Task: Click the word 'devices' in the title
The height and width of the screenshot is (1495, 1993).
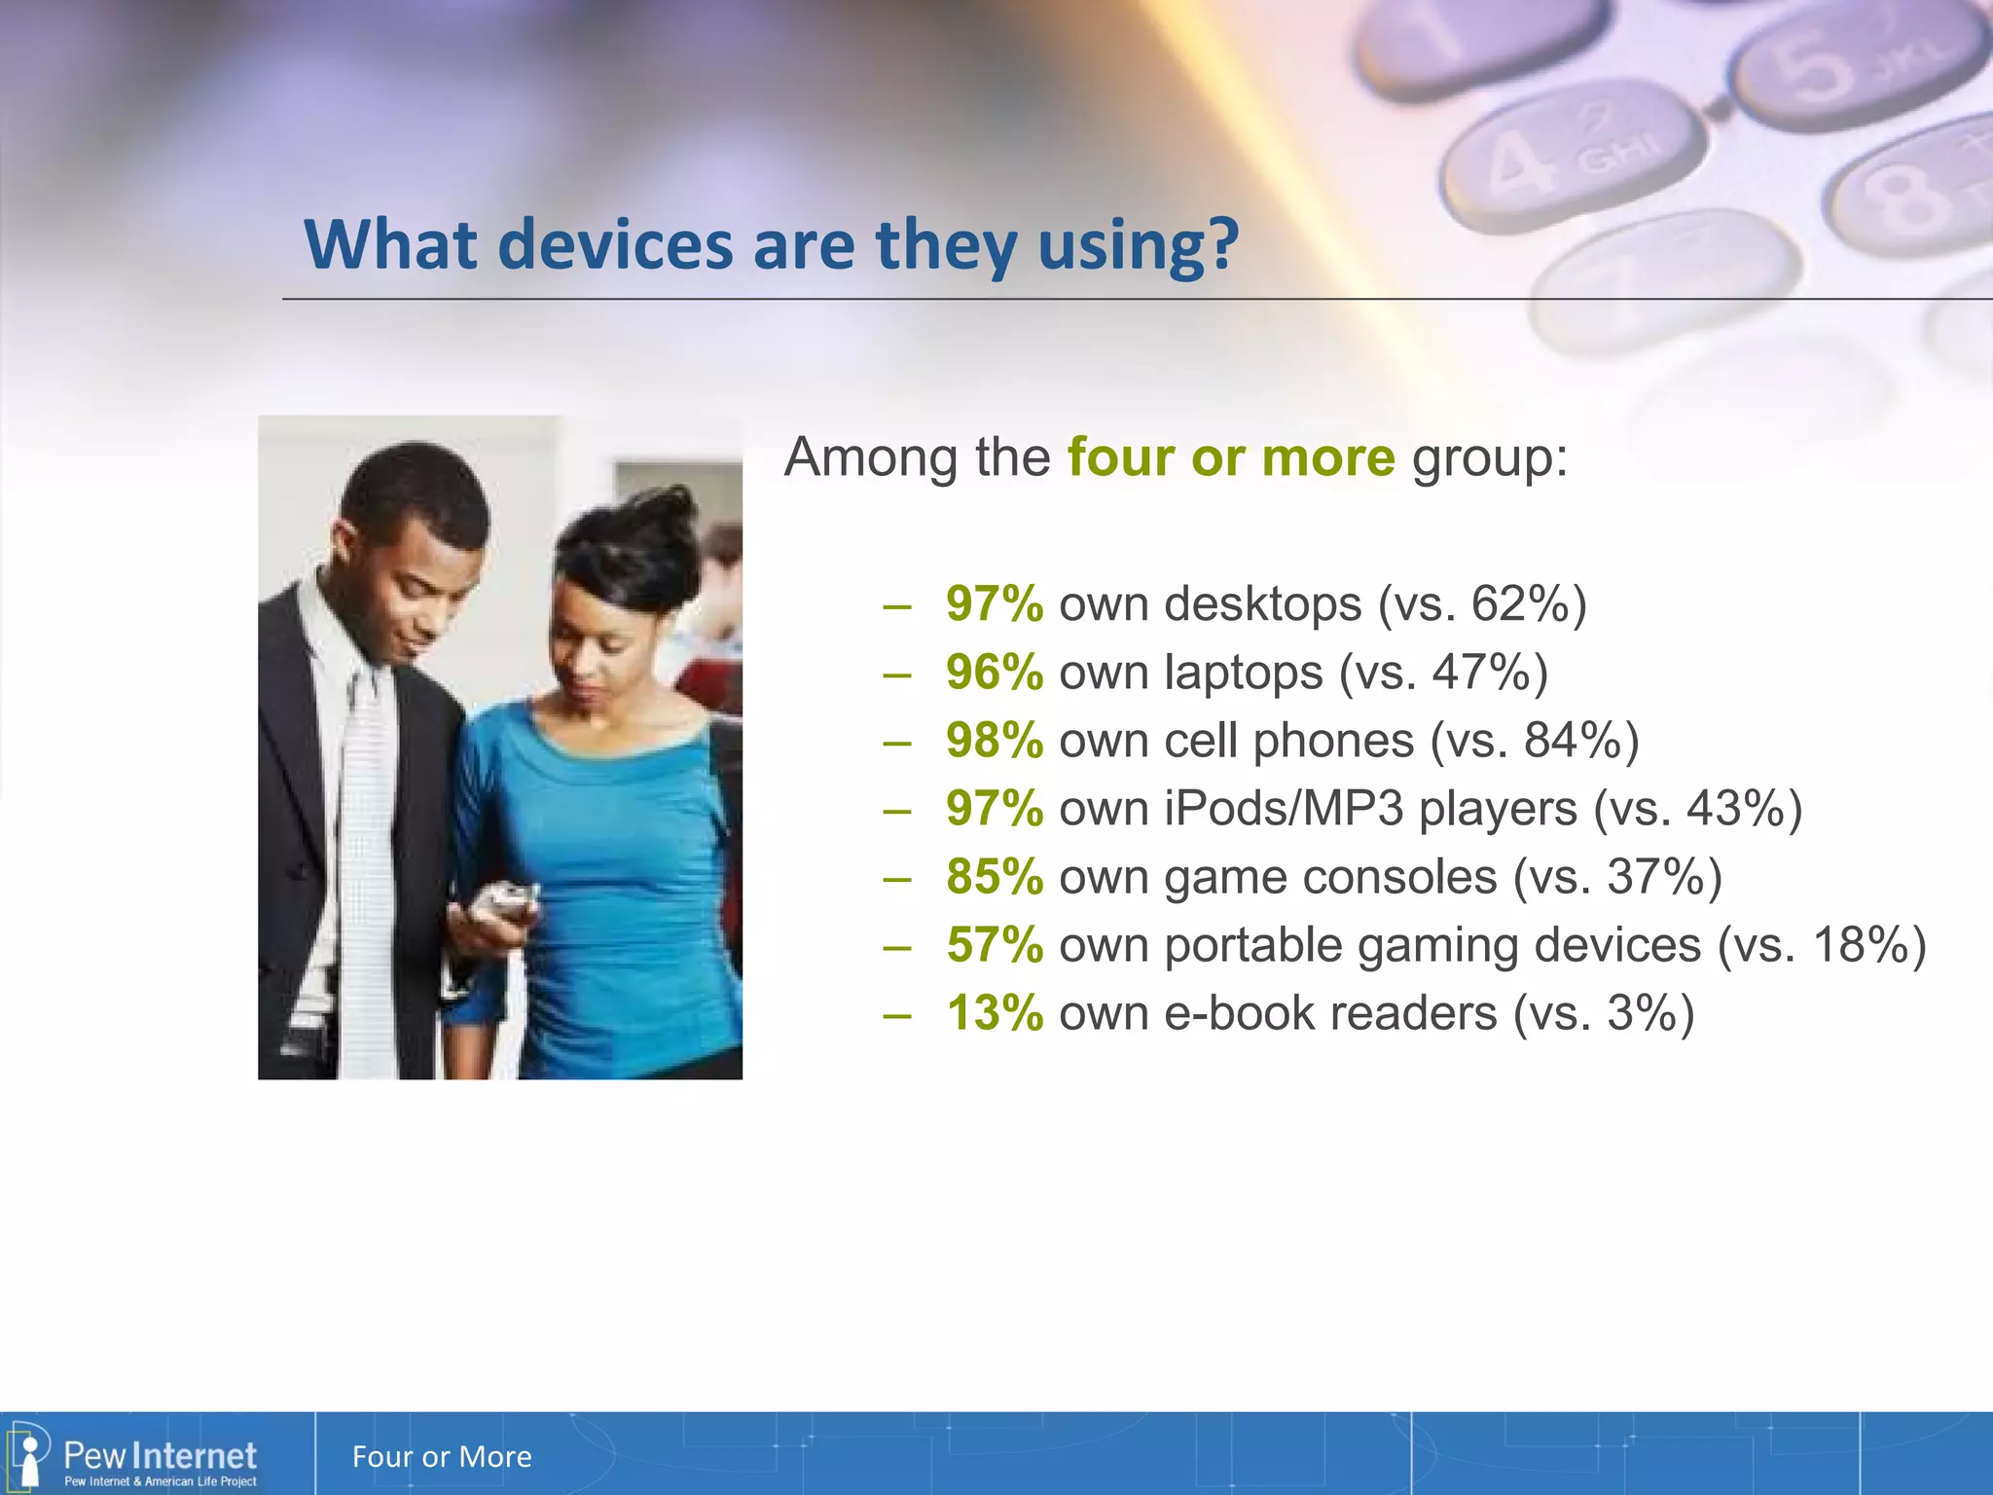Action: click(615, 244)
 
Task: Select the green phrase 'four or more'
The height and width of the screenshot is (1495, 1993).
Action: click(1231, 456)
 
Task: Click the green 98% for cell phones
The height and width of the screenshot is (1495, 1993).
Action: click(994, 741)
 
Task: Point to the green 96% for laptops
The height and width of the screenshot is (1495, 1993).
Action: click(994, 673)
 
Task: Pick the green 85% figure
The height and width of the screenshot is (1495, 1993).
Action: click(994, 877)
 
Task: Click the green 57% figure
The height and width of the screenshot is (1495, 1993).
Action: click(994, 945)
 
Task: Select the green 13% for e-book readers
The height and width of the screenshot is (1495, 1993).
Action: click(994, 1013)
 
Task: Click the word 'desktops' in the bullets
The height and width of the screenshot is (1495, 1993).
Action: click(1262, 604)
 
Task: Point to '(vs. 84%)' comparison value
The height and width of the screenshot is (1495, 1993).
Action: click(1535, 741)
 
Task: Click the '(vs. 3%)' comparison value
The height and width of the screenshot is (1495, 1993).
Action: click(1603, 1013)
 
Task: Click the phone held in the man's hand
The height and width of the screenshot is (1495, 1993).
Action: click(502, 901)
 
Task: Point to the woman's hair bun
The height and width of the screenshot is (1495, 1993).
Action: click(671, 516)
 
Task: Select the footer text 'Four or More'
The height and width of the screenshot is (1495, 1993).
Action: click(442, 1457)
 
